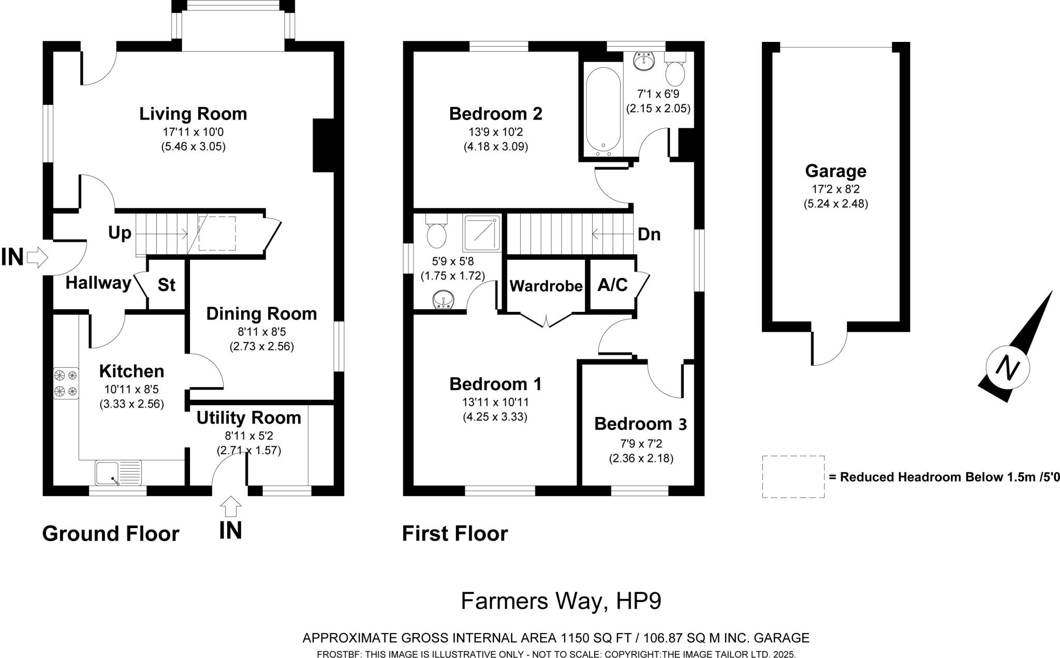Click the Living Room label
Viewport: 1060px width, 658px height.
tap(193, 114)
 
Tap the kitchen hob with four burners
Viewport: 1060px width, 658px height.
tap(66, 383)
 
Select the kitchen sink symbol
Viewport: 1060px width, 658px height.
tap(119, 473)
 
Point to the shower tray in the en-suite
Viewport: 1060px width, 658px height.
tap(482, 233)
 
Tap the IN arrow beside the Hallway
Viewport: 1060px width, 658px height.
tap(37, 257)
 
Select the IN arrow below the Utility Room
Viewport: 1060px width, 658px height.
tap(230, 506)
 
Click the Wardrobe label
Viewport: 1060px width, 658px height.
tap(546, 286)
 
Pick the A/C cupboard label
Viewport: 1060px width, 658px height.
tap(612, 285)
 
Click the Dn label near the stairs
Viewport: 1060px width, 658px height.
tap(649, 234)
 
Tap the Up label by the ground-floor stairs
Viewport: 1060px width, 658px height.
tap(120, 233)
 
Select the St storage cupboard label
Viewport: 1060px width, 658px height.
tap(166, 285)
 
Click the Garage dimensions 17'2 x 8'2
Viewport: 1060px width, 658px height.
tap(835, 189)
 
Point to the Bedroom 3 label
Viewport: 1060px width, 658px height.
tap(640, 424)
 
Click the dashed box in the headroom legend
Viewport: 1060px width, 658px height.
tap(793, 476)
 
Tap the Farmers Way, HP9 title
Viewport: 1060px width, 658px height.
tap(561, 601)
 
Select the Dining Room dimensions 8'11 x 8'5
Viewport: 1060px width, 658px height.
tap(261, 332)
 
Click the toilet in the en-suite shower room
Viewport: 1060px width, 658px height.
tap(436, 233)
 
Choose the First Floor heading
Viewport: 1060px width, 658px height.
tap(455, 533)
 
